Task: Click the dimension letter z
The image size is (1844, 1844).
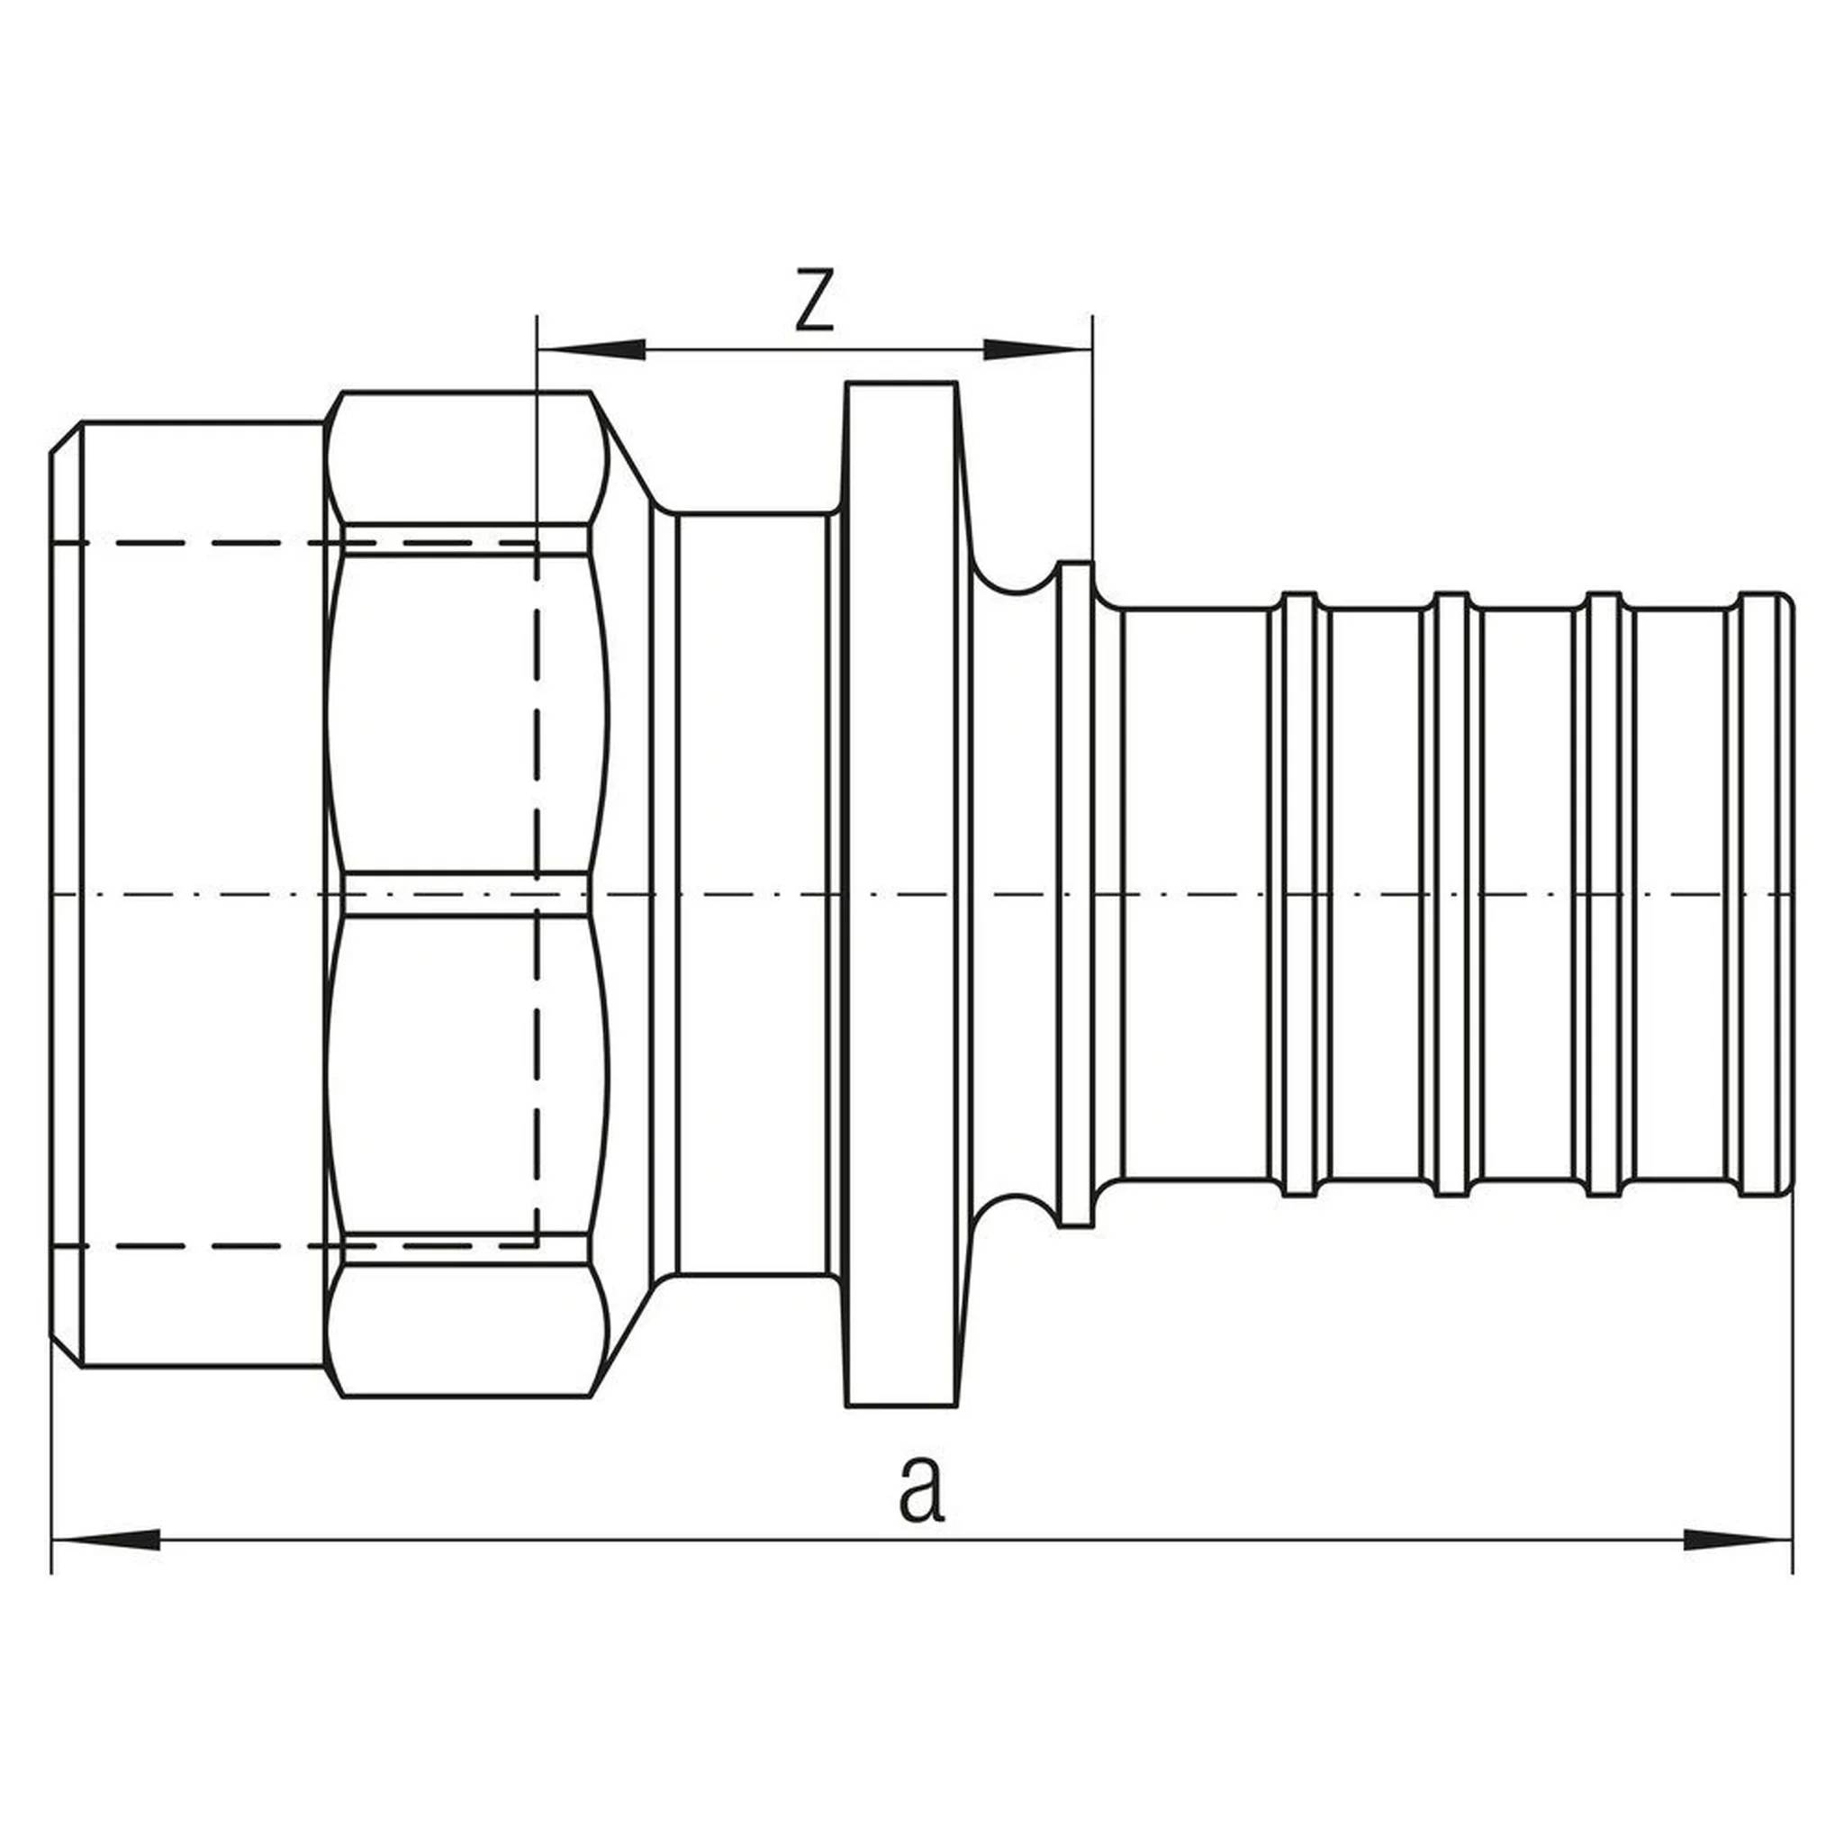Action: pos(814,300)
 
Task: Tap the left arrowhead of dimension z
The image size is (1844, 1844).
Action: pos(592,349)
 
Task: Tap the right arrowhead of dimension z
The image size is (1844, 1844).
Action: pos(1037,349)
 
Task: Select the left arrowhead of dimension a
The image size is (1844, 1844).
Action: pos(105,1539)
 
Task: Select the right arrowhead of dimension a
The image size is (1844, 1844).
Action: pos(1738,1539)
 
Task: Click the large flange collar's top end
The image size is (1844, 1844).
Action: pos(901,384)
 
